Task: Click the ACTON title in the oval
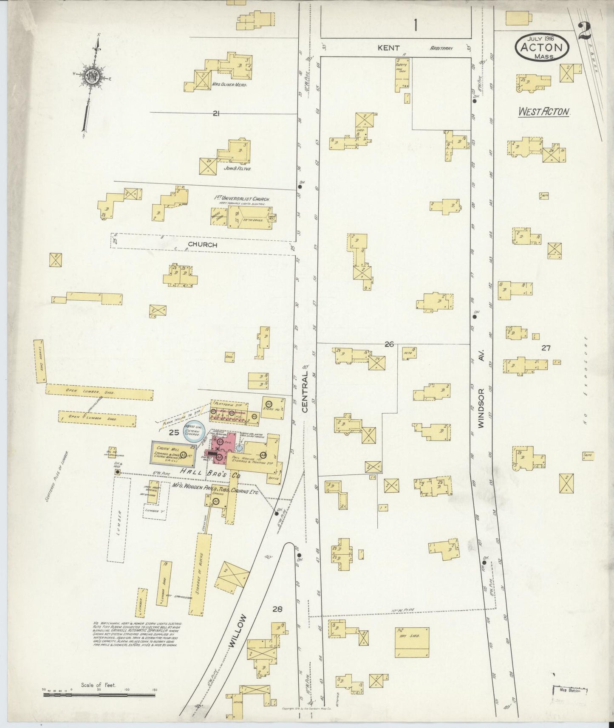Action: pyautogui.click(x=541, y=48)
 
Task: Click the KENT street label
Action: pyautogui.click(x=388, y=48)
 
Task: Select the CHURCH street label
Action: pyautogui.click(x=203, y=245)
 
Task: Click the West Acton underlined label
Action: pyautogui.click(x=543, y=112)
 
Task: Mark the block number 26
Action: pyautogui.click(x=389, y=344)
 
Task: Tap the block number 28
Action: pyautogui.click(x=277, y=609)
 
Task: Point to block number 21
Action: pyautogui.click(x=216, y=113)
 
